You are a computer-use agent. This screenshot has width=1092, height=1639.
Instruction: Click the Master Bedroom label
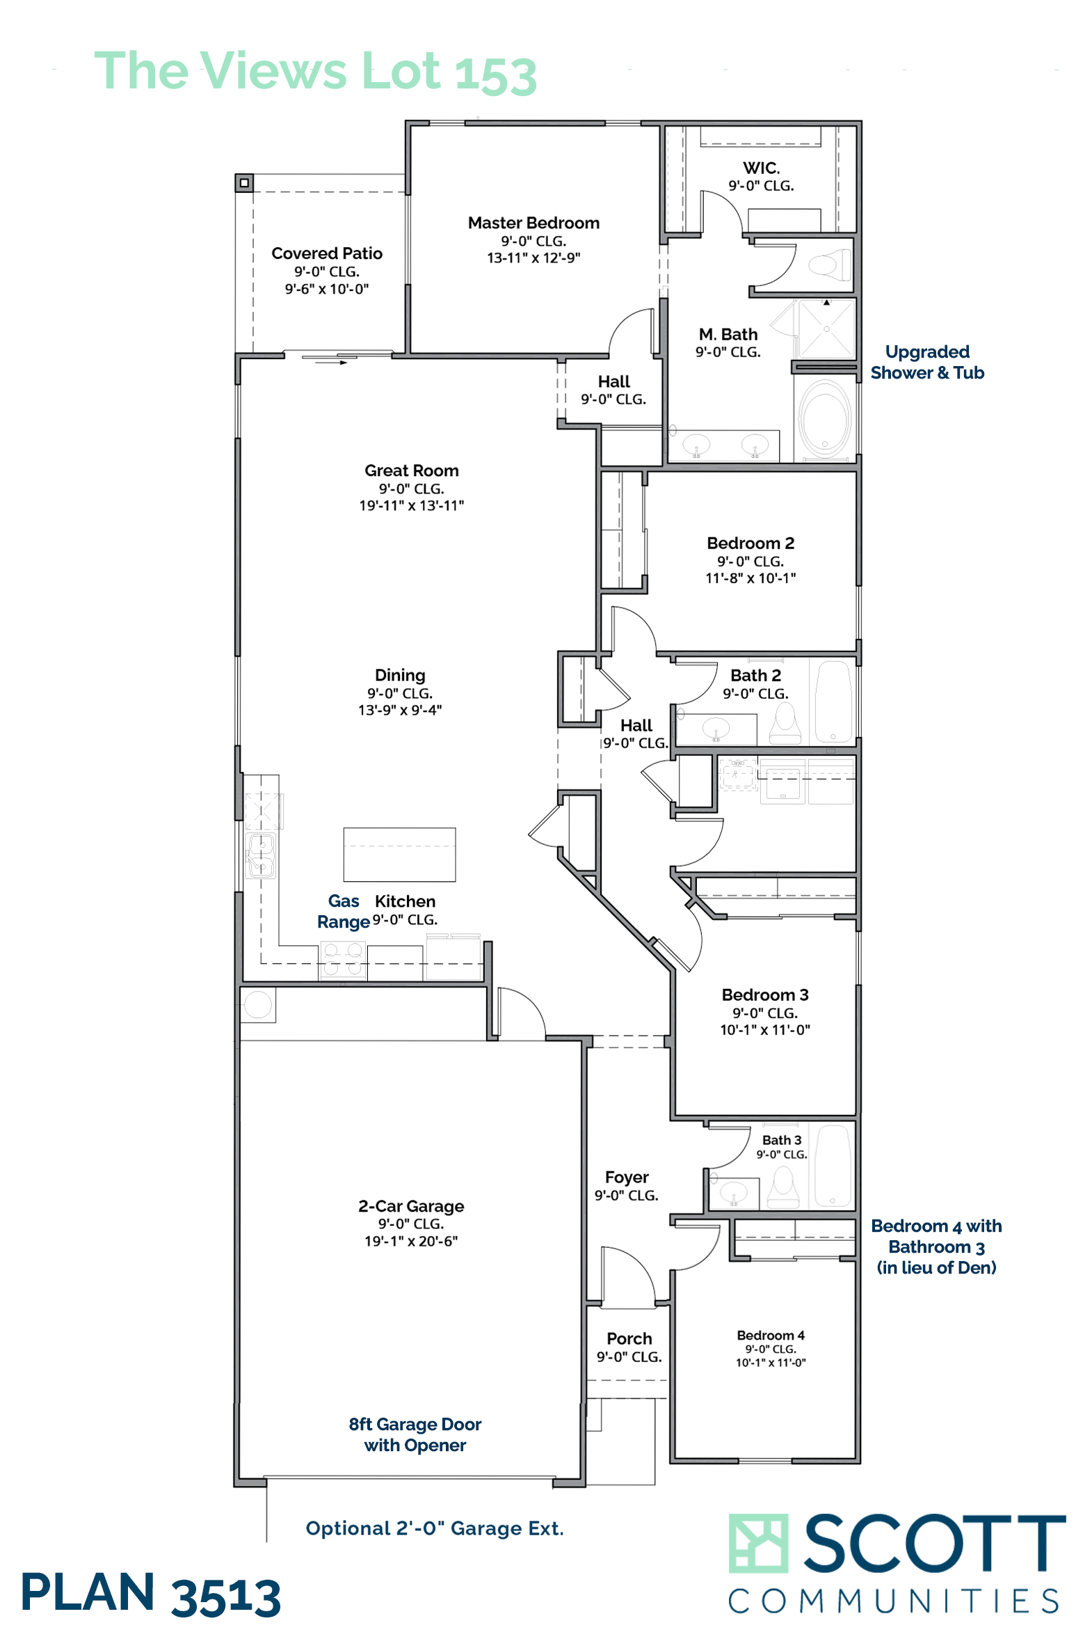pos(533,223)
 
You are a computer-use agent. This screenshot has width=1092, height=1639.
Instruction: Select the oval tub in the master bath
pos(826,419)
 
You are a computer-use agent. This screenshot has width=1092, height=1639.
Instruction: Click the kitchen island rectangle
pos(400,855)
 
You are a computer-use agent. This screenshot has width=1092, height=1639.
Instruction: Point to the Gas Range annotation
pos(344,911)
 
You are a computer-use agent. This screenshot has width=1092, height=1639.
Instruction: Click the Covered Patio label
pos(327,253)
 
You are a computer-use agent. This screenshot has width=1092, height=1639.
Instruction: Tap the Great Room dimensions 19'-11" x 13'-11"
pos(412,505)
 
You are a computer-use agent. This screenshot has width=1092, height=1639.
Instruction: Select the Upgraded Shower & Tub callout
pos(927,362)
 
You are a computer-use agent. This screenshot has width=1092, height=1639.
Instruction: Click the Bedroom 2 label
pos(750,543)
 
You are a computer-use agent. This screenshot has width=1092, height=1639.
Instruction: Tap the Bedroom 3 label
pos(764,995)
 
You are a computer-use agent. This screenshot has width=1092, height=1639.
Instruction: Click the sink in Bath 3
pos(733,1193)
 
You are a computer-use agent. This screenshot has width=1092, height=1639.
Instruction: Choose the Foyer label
pos(627,1177)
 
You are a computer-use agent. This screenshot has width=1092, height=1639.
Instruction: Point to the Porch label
pos(629,1338)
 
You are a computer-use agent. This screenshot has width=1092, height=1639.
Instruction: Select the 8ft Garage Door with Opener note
pos(415,1435)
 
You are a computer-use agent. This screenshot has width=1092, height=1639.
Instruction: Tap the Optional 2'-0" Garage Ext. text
pos(435,1528)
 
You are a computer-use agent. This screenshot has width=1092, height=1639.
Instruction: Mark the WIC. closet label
pos(761,168)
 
